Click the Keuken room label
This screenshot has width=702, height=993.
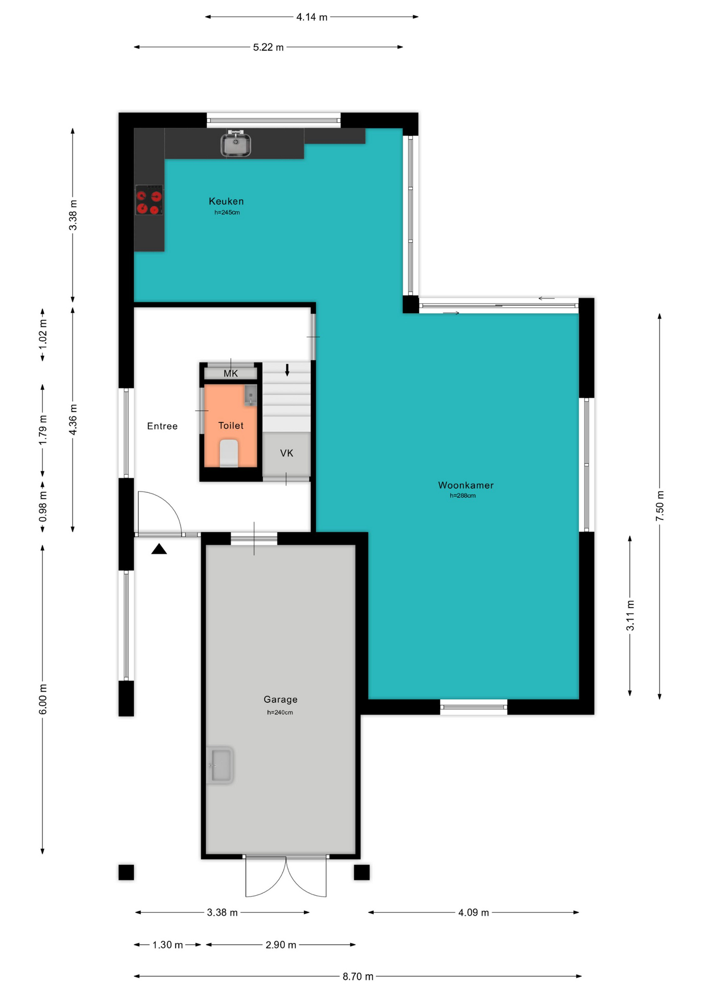[x=226, y=201]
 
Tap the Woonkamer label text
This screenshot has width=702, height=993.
[x=466, y=485]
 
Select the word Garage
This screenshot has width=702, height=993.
[x=281, y=699]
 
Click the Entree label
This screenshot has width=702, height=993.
[x=162, y=426]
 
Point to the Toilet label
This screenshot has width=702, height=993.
[x=231, y=426]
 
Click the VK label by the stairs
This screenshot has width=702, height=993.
[x=287, y=453]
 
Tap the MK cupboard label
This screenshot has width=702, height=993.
[x=231, y=373]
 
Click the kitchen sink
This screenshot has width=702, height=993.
[x=236, y=143]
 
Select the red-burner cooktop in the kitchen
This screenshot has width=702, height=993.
[x=149, y=200]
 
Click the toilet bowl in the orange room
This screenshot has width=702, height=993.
[x=228, y=453]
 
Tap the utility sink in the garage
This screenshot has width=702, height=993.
[x=220, y=765]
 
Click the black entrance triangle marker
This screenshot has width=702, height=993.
[x=159, y=549]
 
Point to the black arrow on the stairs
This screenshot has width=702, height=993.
[x=287, y=370]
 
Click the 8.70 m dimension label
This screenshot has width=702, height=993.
[x=358, y=976]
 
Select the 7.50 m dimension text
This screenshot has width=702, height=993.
[x=660, y=506]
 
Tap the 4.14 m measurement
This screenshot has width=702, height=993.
[x=312, y=17]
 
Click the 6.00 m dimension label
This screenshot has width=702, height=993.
[x=43, y=699]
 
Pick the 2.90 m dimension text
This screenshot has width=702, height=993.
[x=281, y=945]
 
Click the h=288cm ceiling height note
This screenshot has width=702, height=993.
[x=463, y=495]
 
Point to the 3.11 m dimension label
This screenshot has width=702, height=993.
[x=630, y=616]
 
